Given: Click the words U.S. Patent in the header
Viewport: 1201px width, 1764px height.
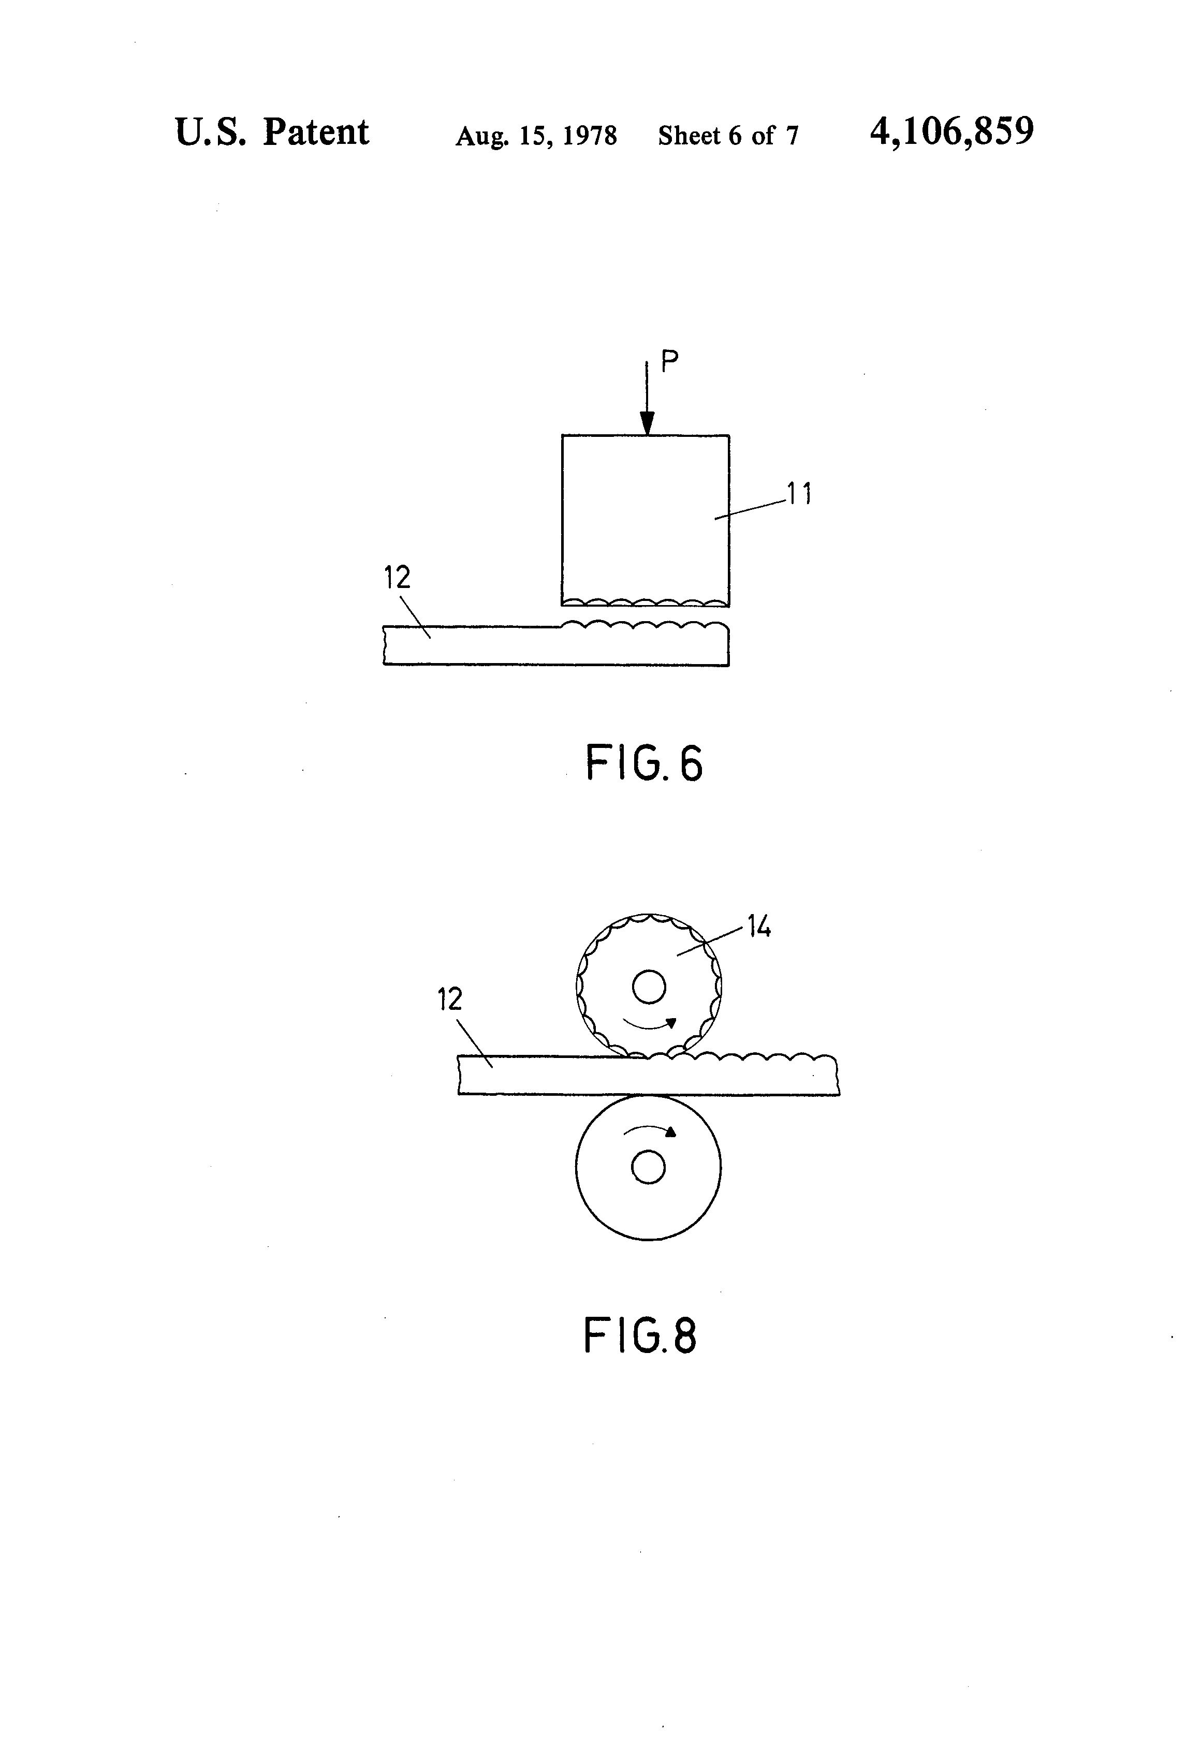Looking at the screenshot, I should (x=272, y=134).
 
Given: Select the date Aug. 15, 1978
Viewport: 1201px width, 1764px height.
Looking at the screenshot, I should (x=535, y=136).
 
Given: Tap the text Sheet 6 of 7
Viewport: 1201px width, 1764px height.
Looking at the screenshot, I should (x=728, y=136).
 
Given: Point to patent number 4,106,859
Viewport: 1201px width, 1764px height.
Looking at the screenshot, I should (x=951, y=132).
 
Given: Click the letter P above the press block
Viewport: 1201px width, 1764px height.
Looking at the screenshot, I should (x=669, y=361).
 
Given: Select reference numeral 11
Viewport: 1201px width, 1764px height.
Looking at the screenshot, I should (x=799, y=495).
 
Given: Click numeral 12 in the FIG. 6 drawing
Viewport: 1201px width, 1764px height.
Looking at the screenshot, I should (x=397, y=578).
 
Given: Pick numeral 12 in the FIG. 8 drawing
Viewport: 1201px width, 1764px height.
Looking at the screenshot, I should (x=449, y=999).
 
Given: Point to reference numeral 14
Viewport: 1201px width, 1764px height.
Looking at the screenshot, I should (x=759, y=927).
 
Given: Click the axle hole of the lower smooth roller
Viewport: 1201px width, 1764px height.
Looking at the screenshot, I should (x=648, y=1167).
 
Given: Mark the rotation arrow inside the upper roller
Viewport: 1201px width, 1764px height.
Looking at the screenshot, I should (x=650, y=1025).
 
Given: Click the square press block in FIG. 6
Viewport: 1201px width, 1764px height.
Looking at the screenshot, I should (x=646, y=516).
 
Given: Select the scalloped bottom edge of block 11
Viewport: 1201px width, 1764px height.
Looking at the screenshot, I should (x=646, y=602).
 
